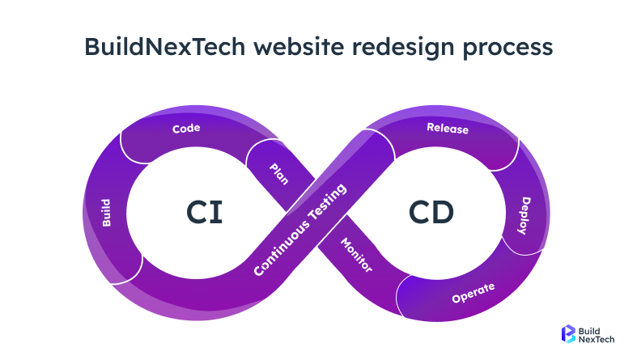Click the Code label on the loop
[186, 128]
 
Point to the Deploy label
[524, 216]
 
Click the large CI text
[204, 212]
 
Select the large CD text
[431, 212]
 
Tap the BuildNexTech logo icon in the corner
[568, 334]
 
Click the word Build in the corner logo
[594, 329]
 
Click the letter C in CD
[418, 212]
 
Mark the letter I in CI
[218, 212]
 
